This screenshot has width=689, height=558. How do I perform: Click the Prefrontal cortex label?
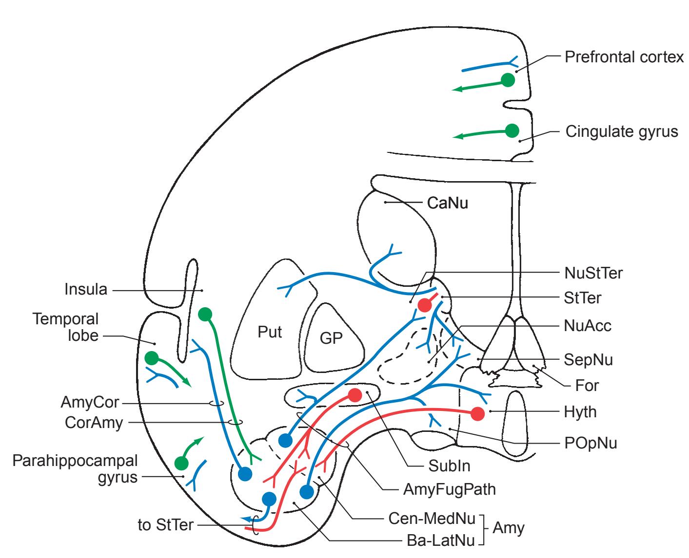click(624, 57)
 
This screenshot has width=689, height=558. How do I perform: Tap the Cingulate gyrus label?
click(621, 131)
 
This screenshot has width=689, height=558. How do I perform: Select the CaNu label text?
click(447, 203)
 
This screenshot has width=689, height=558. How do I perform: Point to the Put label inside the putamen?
click(270, 332)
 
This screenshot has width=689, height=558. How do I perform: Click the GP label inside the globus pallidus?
click(331, 338)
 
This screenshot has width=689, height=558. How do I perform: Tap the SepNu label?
click(588, 360)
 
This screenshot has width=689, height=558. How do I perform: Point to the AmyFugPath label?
click(449, 489)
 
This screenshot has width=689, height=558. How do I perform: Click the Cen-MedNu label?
click(432, 519)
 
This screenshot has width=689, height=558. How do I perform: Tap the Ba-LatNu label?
click(440, 540)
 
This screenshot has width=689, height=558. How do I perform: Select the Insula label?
click(86, 290)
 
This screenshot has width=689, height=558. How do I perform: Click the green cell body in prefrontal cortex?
click(508, 80)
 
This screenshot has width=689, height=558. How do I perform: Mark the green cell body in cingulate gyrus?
click(512, 130)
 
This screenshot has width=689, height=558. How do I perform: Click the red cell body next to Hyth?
click(477, 414)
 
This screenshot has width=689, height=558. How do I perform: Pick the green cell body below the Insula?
click(205, 315)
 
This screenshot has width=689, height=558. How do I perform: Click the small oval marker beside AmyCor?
click(217, 403)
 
